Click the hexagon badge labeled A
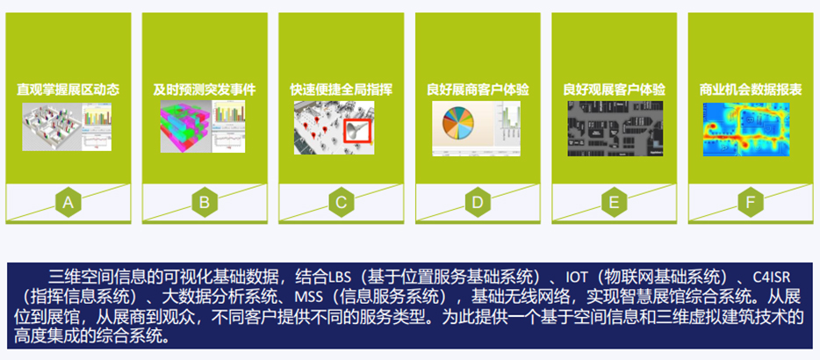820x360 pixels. click(x=68, y=202)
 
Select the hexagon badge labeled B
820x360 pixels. click(x=205, y=202)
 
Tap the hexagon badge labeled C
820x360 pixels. click(x=341, y=202)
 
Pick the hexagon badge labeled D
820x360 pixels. click(x=478, y=202)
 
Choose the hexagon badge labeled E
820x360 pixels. click(x=614, y=202)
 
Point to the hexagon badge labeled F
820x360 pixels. click(x=751, y=202)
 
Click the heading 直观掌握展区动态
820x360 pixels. click(x=68, y=90)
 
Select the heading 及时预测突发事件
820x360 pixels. click(x=205, y=90)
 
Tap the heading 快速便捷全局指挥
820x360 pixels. click(x=341, y=90)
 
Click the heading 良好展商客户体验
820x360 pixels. click(x=478, y=90)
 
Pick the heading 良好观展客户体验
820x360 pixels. click(x=614, y=90)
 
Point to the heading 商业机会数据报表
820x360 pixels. click(x=751, y=90)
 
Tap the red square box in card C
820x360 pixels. click(x=357, y=131)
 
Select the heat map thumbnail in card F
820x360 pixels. click(x=746, y=129)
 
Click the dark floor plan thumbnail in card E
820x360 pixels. click(x=615, y=128)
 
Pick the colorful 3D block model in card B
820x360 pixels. click(x=185, y=126)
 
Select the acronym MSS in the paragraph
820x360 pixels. click(x=306, y=296)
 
